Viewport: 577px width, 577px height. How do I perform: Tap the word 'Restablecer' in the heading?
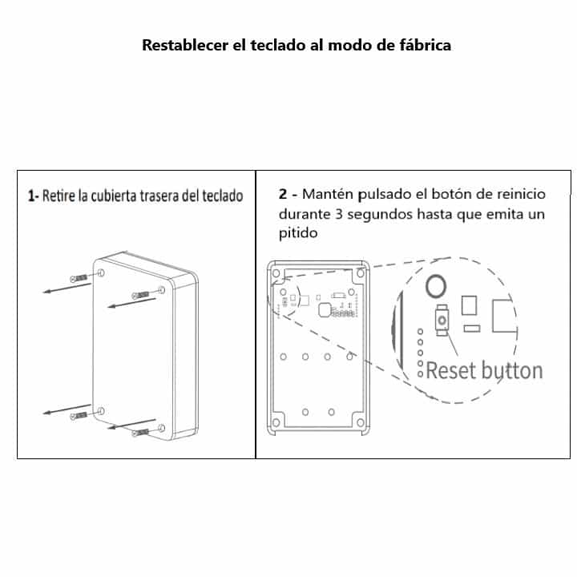click(x=185, y=45)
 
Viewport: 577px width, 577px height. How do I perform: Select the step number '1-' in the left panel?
click(x=33, y=196)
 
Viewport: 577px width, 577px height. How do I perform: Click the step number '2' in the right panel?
click(x=283, y=194)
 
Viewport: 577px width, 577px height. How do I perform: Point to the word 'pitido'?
click(x=298, y=233)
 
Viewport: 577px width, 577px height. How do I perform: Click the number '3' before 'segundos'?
click(x=338, y=214)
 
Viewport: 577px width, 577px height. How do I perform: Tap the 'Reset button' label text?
click(x=484, y=370)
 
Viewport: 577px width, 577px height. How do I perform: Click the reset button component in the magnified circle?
click(x=442, y=320)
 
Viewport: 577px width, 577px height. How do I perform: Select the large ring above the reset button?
click(x=436, y=285)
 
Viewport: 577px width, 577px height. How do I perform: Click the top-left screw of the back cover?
click(x=79, y=278)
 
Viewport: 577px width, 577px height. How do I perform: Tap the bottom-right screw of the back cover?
click(x=140, y=433)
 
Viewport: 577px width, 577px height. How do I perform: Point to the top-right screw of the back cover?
click(x=140, y=295)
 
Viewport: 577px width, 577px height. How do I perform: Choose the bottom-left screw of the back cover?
click(x=79, y=416)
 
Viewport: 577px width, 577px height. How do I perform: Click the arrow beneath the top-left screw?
click(x=67, y=288)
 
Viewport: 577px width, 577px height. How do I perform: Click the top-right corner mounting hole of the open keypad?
click(x=361, y=273)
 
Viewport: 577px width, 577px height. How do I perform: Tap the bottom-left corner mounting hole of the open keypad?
click(x=276, y=422)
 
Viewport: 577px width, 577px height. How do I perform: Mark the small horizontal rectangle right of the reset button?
click(x=472, y=329)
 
